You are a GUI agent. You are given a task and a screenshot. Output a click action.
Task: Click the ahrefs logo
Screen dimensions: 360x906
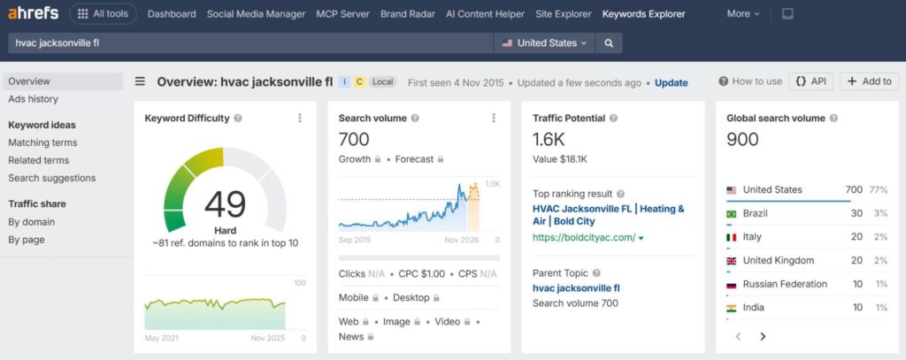pos(35,13)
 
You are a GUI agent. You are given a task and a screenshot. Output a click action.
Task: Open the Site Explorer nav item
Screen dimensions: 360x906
pos(564,14)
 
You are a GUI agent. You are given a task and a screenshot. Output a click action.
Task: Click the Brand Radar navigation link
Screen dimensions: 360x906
pos(408,14)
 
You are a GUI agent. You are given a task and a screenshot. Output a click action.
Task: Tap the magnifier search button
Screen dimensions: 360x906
pos(609,42)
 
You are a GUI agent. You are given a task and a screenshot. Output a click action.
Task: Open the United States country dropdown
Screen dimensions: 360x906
pos(544,42)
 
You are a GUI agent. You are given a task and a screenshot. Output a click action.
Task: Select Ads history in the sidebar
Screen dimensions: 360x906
pos(33,99)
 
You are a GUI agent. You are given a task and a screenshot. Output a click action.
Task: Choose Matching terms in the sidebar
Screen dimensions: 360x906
pos(42,142)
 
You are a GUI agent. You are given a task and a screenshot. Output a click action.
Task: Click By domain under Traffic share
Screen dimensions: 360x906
pos(31,222)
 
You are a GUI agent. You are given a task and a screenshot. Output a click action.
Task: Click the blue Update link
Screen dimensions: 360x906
pos(671,82)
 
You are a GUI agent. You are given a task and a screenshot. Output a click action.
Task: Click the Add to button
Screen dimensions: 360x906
pos(869,81)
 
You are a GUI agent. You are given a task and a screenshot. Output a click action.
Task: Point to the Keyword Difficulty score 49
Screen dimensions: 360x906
pos(225,204)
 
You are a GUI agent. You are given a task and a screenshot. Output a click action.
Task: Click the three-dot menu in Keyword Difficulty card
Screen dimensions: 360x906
pos(300,118)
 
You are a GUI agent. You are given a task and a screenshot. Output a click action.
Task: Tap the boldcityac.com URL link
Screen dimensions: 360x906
pos(584,238)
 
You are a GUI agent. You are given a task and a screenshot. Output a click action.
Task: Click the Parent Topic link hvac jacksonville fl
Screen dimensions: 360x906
pos(576,287)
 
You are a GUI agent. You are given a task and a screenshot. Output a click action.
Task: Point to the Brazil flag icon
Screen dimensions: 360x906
pos(732,214)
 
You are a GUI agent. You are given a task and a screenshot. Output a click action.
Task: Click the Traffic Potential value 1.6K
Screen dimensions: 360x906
pos(549,139)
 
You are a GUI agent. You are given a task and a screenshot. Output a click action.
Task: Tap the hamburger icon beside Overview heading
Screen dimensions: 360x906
pos(140,81)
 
